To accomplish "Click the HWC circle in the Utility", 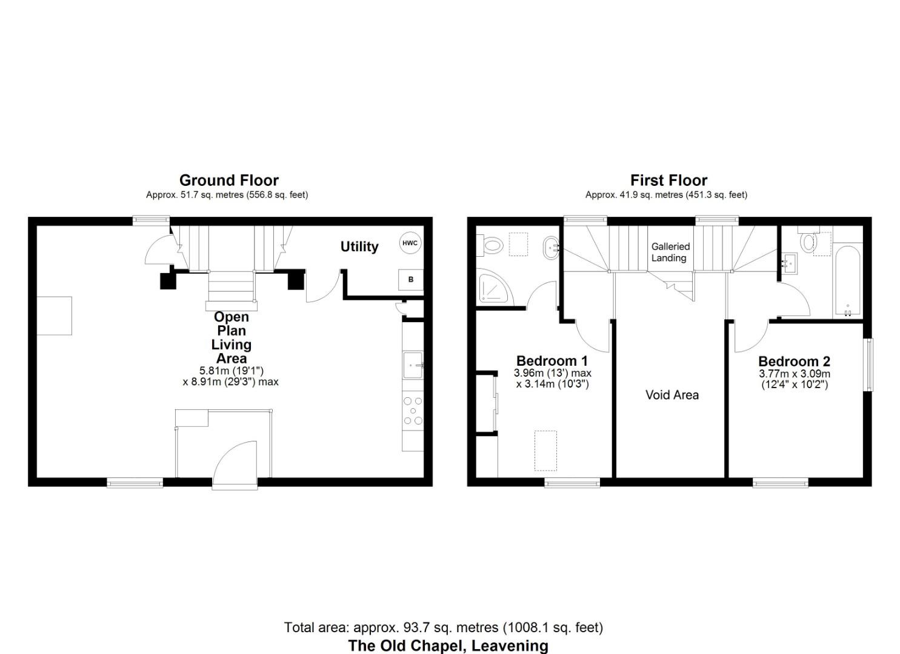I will pyautogui.click(x=410, y=243).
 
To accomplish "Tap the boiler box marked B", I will pyautogui.click(x=411, y=280).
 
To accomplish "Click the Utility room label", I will pyautogui.click(x=359, y=246).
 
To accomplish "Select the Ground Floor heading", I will pyautogui.click(x=228, y=180).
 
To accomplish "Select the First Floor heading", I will pyautogui.click(x=668, y=180).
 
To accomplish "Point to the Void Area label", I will pyautogui.click(x=672, y=395).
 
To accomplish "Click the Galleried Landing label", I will pyautogui.click(x=670, y=252).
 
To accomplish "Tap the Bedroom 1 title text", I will pyautogui.click(x=552, y=362).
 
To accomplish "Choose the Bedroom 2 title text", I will pyautogui.click(x=793, y=362).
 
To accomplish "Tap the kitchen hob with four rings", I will pyautogui.click(x=413, y=411).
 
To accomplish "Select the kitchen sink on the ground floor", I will pyautogui.click(x=413, y=365).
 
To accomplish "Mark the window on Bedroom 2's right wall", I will pyautogui.click(x=870, y=364).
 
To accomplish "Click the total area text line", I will pyautogui.click(x=444, y=627).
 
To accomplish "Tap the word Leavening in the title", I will pyautogui.click(x=510, y=646).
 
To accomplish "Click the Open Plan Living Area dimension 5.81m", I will pyautogui.click(x=212, y=371).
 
